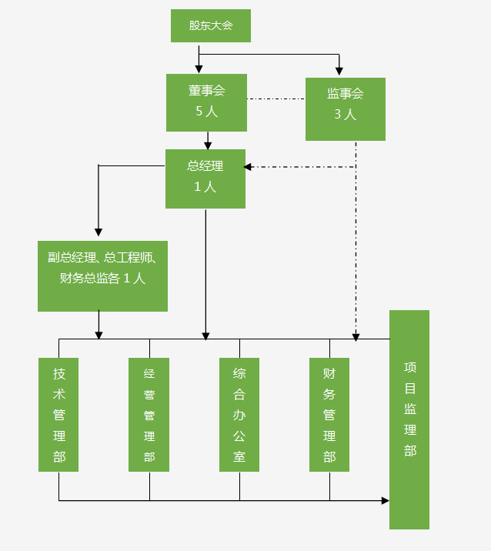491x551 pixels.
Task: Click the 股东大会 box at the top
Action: coord(210,25)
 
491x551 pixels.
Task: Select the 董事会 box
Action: coord(206,102)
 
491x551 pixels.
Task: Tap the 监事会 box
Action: coord(345,109)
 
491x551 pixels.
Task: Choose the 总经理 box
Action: coord(205,179)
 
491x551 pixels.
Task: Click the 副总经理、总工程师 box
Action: coord(102,275)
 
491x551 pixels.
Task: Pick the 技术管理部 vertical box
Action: coord(58,414)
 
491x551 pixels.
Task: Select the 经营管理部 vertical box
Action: coord(149,414)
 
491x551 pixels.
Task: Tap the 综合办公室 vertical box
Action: coord(239,414)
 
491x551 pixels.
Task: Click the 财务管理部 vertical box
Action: coord(329,414)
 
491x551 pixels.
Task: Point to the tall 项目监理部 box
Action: coord(409,419)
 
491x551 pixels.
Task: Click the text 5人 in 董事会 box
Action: coord(206,112)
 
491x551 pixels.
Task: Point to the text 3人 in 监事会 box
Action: coord(345,115)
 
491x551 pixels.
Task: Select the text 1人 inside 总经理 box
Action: coord(205,186)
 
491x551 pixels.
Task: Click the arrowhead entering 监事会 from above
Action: coord(339,72)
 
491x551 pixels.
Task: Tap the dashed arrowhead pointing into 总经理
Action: coord(249,166)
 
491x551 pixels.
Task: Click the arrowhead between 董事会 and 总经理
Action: coord(208,145)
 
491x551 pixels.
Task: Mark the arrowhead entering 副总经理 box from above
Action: coord(98,232)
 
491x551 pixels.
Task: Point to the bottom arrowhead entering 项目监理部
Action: coord(385,500)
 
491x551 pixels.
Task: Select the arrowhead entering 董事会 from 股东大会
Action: coord(199,69)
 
